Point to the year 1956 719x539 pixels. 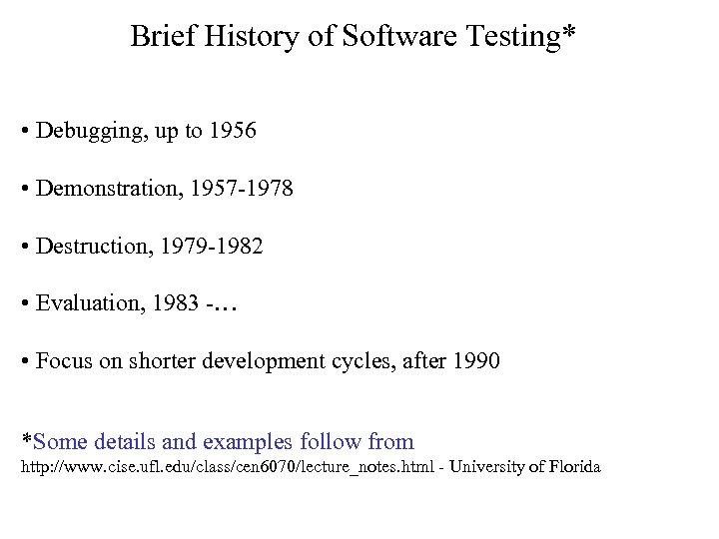(233, 131)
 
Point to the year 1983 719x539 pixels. (176, 303)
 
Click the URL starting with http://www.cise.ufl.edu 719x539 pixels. (227, 467)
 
